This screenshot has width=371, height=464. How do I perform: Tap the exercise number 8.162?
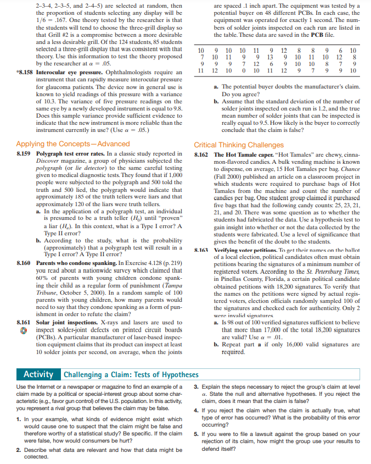pos(203,156)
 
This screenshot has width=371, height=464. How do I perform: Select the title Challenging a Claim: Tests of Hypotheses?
pos(131,375)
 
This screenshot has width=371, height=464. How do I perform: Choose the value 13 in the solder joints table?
pos(269,57)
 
